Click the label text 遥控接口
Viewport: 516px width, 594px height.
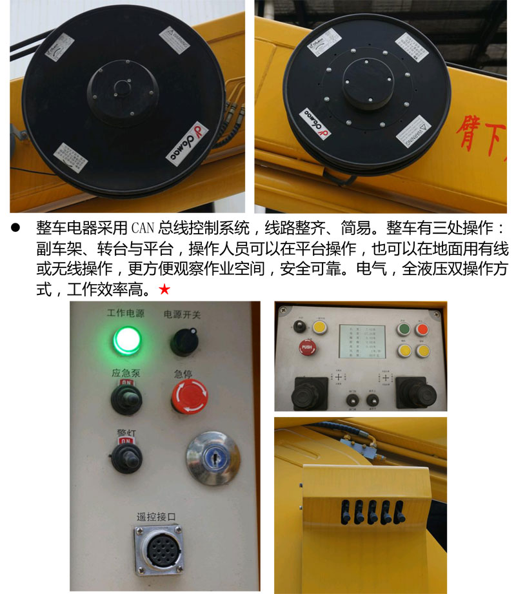click(156, 516)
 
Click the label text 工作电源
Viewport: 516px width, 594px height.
click(126, 314)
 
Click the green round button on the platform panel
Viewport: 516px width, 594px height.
click(405, 329)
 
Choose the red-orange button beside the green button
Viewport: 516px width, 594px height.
click(422, 329)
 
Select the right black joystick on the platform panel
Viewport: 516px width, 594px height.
click(411, 391)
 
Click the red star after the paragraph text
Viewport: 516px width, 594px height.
click(164, 290)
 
